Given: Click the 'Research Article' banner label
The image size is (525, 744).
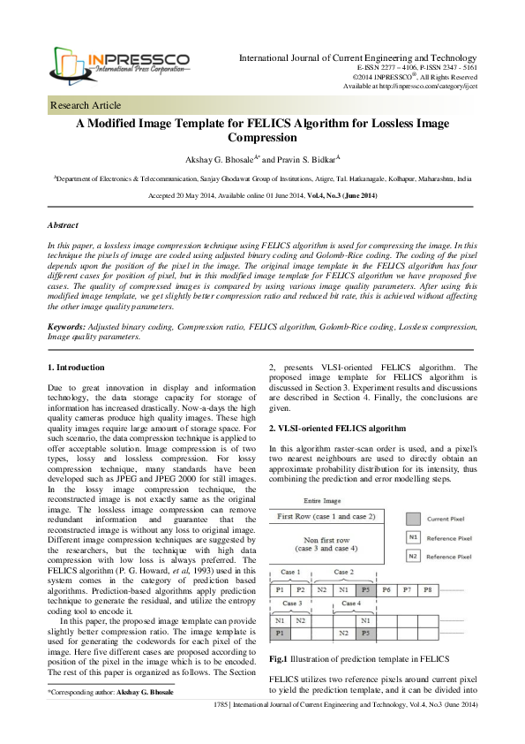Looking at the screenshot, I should coord(86,106).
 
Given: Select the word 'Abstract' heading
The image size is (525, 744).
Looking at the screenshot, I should coord(64,225).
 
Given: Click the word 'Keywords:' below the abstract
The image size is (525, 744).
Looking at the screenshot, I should coord(68,326).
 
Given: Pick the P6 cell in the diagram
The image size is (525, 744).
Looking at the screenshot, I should coord(386,588).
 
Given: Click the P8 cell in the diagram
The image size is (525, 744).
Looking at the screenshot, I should coord(428,588).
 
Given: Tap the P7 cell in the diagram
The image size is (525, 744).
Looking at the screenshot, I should coord(407,588).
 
